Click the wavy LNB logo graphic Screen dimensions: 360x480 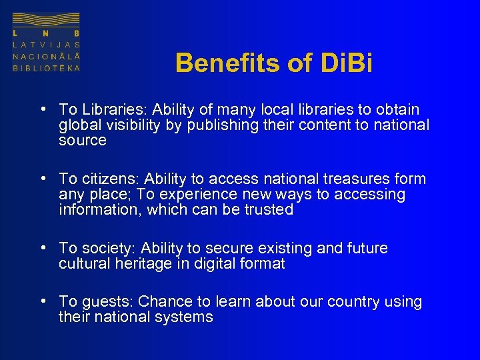(x=46, y=19)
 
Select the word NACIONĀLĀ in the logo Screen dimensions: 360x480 (x=46, y=56)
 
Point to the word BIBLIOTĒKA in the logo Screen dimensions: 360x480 (x=46, y=68)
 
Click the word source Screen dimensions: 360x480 (x=83, y=140)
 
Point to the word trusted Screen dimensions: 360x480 (x=269, y=209)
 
